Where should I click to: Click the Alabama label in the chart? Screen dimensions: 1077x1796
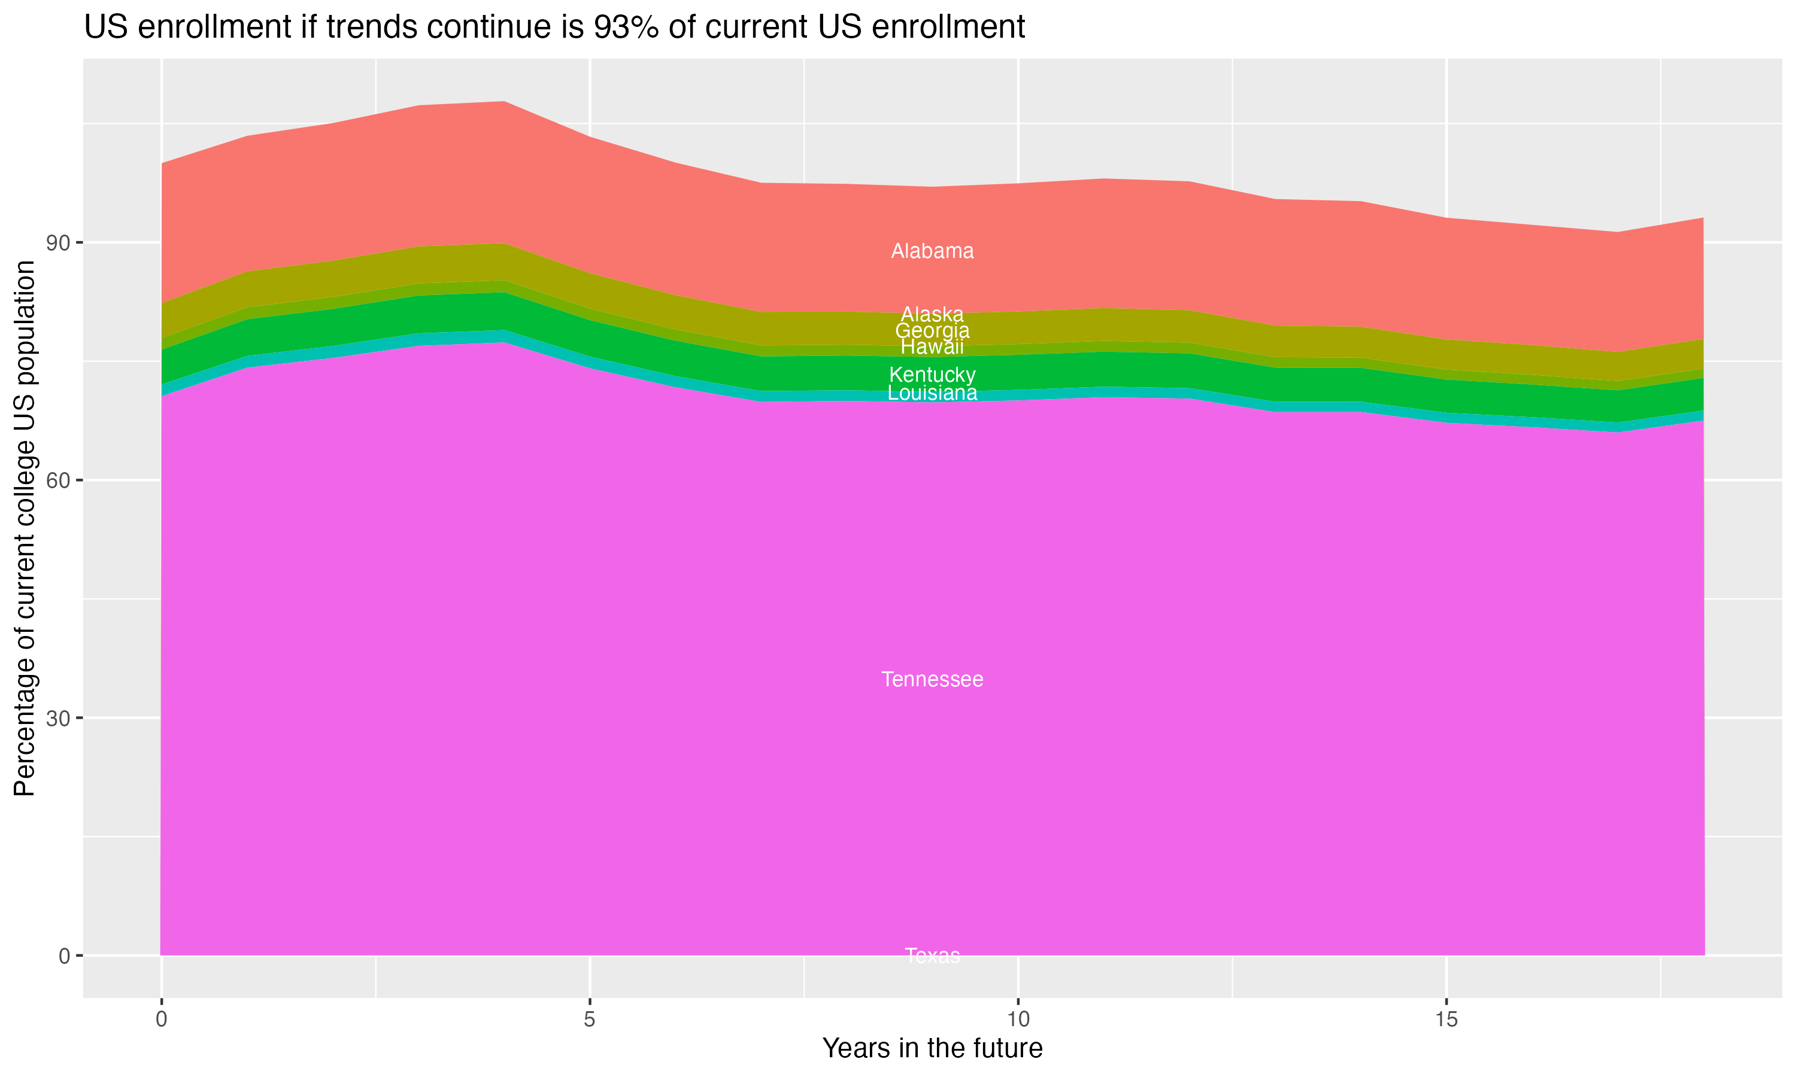[932, 251]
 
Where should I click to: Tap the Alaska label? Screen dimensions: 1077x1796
[932, 314]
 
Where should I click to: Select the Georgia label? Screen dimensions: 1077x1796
[932, 331]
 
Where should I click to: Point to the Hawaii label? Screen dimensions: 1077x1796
[932, 347]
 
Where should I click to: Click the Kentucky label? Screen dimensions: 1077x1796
[932, 375]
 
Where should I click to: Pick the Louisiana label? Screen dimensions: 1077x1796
[932, 393]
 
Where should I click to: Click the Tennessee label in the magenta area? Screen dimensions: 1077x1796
[932, 679]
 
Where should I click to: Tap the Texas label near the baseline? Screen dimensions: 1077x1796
[932, 955]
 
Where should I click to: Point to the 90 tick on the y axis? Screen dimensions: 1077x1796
[58, 242]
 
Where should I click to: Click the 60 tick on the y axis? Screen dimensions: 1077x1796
[58, 480]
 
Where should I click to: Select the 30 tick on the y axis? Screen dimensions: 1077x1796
[58, 719]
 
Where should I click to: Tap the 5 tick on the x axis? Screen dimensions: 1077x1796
[590, 1020]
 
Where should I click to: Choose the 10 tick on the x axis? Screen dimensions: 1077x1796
[1018, 1020]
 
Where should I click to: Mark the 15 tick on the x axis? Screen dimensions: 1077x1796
[1447, 1020]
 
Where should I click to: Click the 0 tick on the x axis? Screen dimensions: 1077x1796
[161, 1020]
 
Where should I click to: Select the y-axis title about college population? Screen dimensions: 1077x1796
[25, 528]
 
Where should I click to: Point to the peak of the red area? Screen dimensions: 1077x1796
[504, 102]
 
